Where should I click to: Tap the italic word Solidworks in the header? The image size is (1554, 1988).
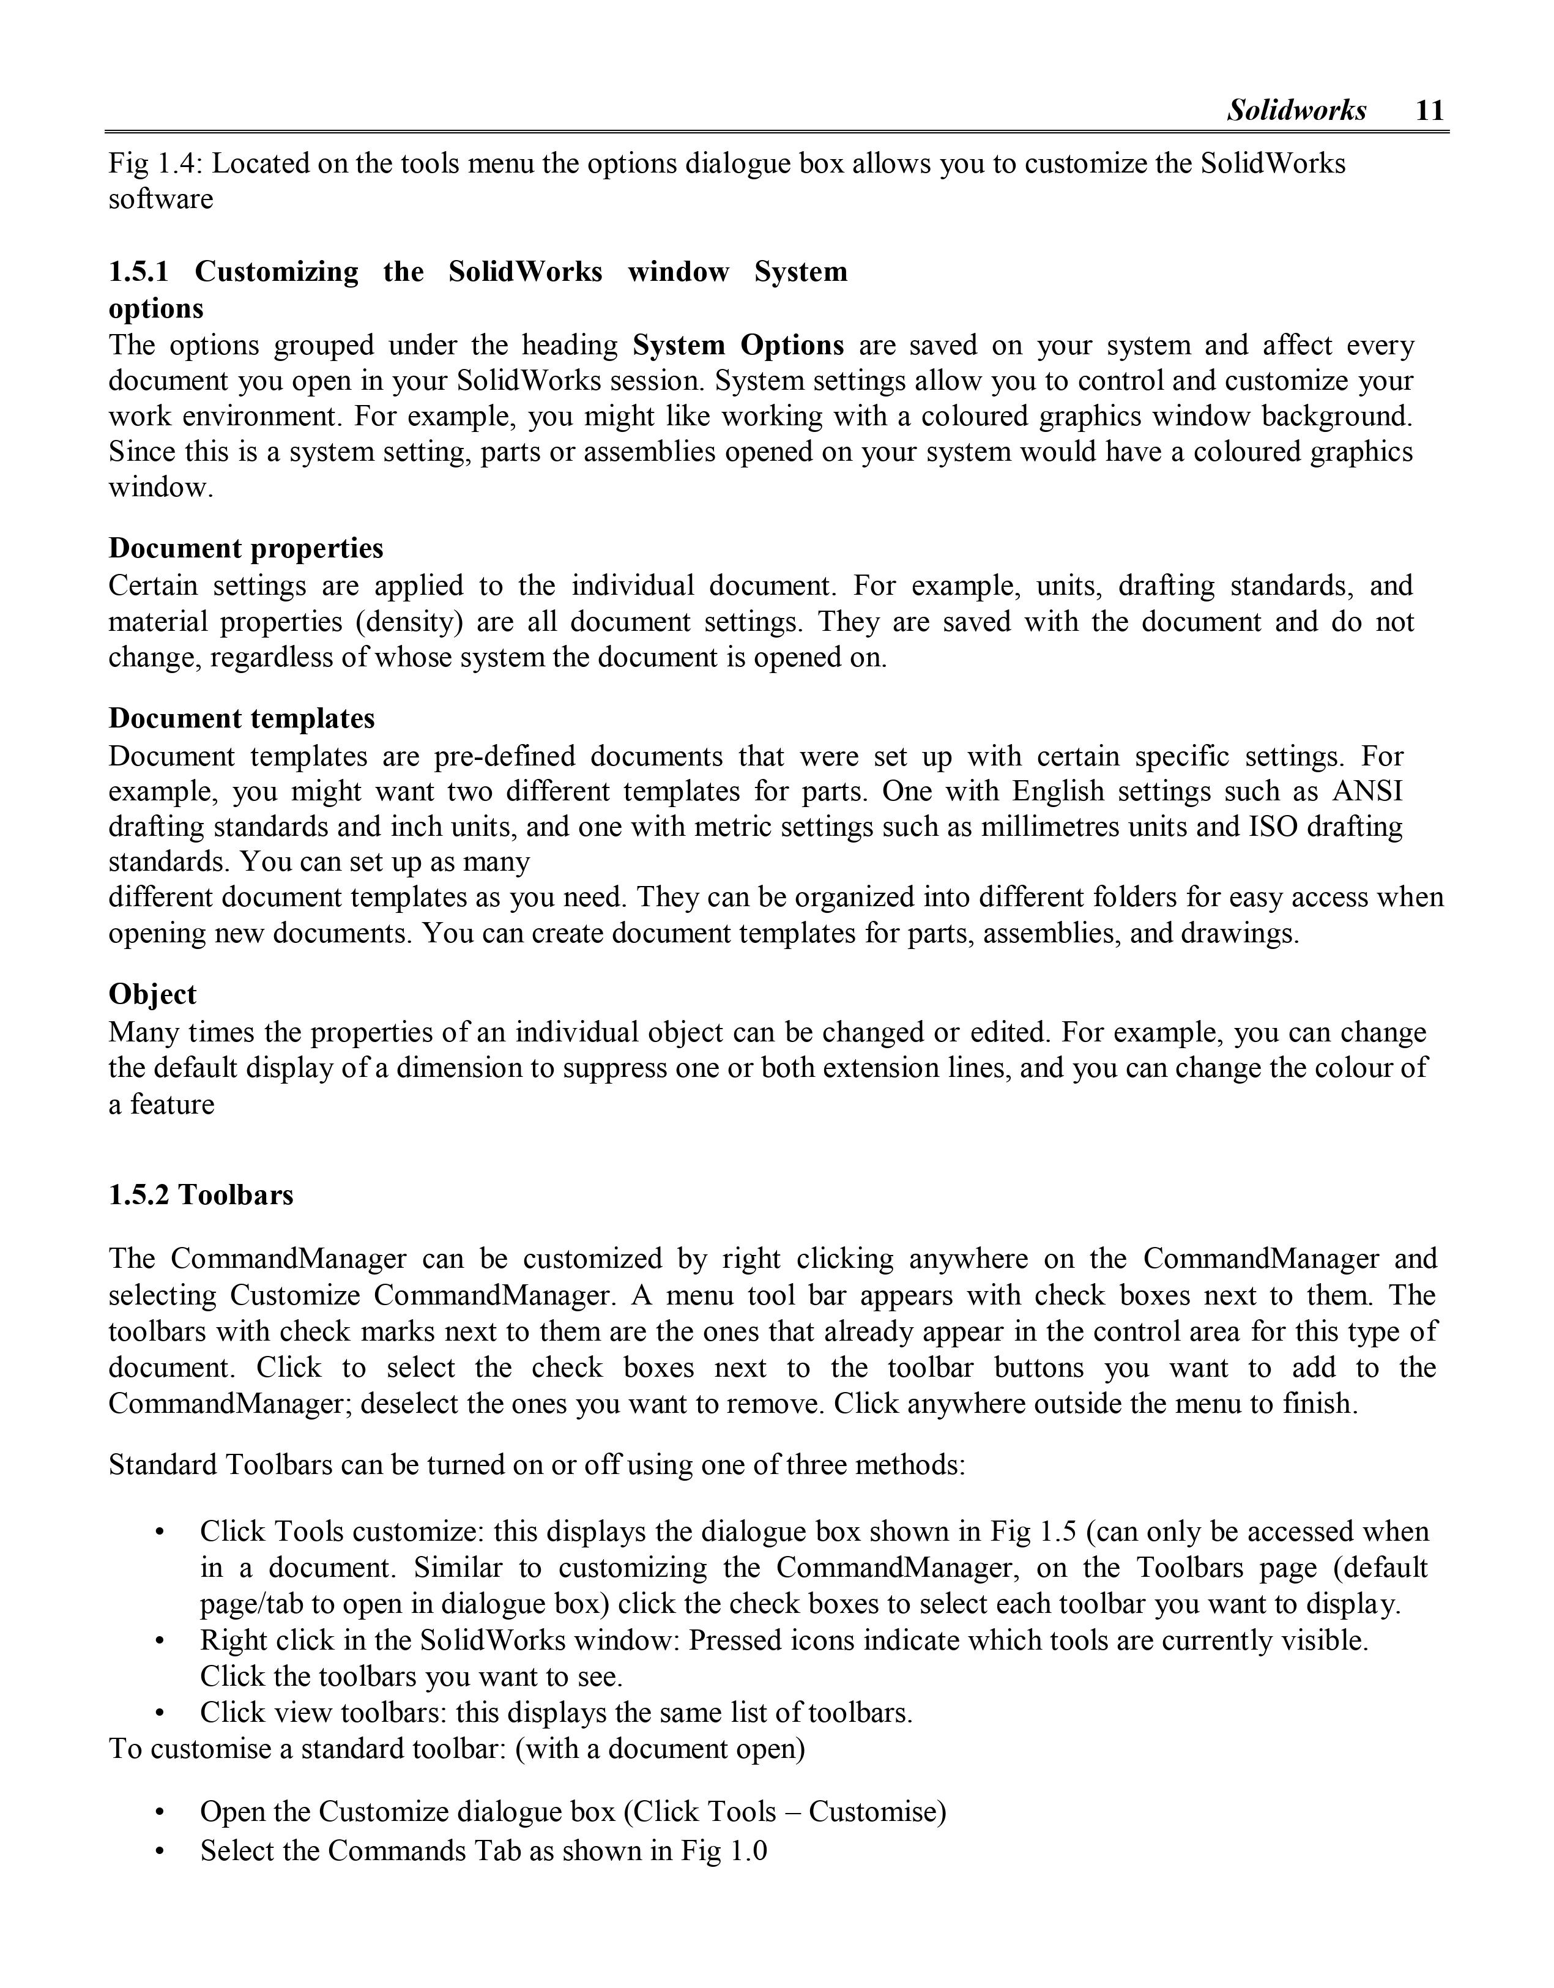1296,110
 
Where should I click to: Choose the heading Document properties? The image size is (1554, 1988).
246,548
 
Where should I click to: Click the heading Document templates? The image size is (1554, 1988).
241,718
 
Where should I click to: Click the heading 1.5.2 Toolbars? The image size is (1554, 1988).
201,1194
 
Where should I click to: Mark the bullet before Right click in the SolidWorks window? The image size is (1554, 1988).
160,1641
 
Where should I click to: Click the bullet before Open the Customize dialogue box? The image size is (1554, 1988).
160,1812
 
